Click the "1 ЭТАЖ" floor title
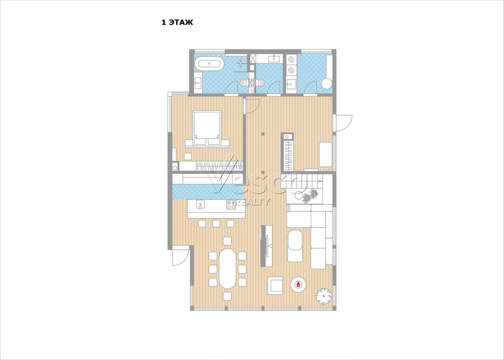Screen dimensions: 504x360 [x=177, y=23]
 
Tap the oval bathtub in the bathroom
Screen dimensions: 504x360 [x=209, y=64]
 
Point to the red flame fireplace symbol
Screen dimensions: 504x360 [x=298, y=285]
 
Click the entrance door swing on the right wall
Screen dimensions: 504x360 [x=344, y=123]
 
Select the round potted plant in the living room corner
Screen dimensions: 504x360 [x=324, y=296]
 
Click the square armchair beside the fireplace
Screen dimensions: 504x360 [x=275, y=285]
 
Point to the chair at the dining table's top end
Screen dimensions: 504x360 [x=227, y=241]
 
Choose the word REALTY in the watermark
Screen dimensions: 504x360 [x=252, y=202]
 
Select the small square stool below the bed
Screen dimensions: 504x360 [x=188, y=156]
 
